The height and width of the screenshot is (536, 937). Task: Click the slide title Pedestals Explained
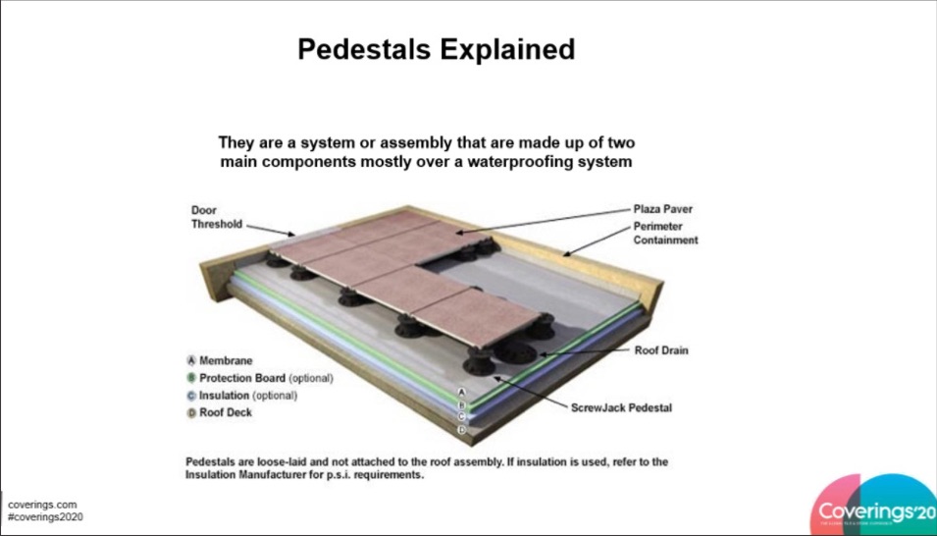(436, 50)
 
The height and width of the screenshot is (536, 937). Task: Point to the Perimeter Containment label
(665, 233)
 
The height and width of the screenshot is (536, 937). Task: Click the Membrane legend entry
(226, 361)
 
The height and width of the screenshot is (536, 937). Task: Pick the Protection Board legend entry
(242, 378)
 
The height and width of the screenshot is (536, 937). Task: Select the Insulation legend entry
(225, 396)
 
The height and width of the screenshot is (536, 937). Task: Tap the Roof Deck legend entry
(226, 413)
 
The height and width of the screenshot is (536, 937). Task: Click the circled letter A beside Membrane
(191, 361)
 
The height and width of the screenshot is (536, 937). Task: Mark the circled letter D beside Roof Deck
(191, 413)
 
